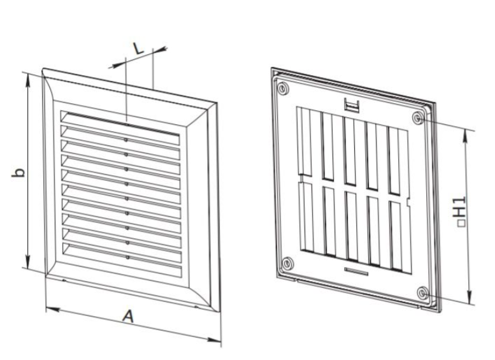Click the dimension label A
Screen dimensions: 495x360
pos(128,317)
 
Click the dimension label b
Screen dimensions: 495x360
pos(18,173)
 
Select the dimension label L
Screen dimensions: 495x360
pos(138,48)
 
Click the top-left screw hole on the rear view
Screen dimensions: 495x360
pos(283,89)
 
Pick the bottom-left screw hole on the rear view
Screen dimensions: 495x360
pos(287,263)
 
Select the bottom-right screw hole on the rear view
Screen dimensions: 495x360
pos(423,293)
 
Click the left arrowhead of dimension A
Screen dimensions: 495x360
pos(53,310)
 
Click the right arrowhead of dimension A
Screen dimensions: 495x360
pos(214,340)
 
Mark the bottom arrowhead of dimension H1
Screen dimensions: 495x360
pos(470,298)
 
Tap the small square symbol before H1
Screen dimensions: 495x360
pos(462,223)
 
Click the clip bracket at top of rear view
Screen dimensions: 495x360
pos(352,105)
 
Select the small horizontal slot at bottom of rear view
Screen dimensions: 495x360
pos(356,271)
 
